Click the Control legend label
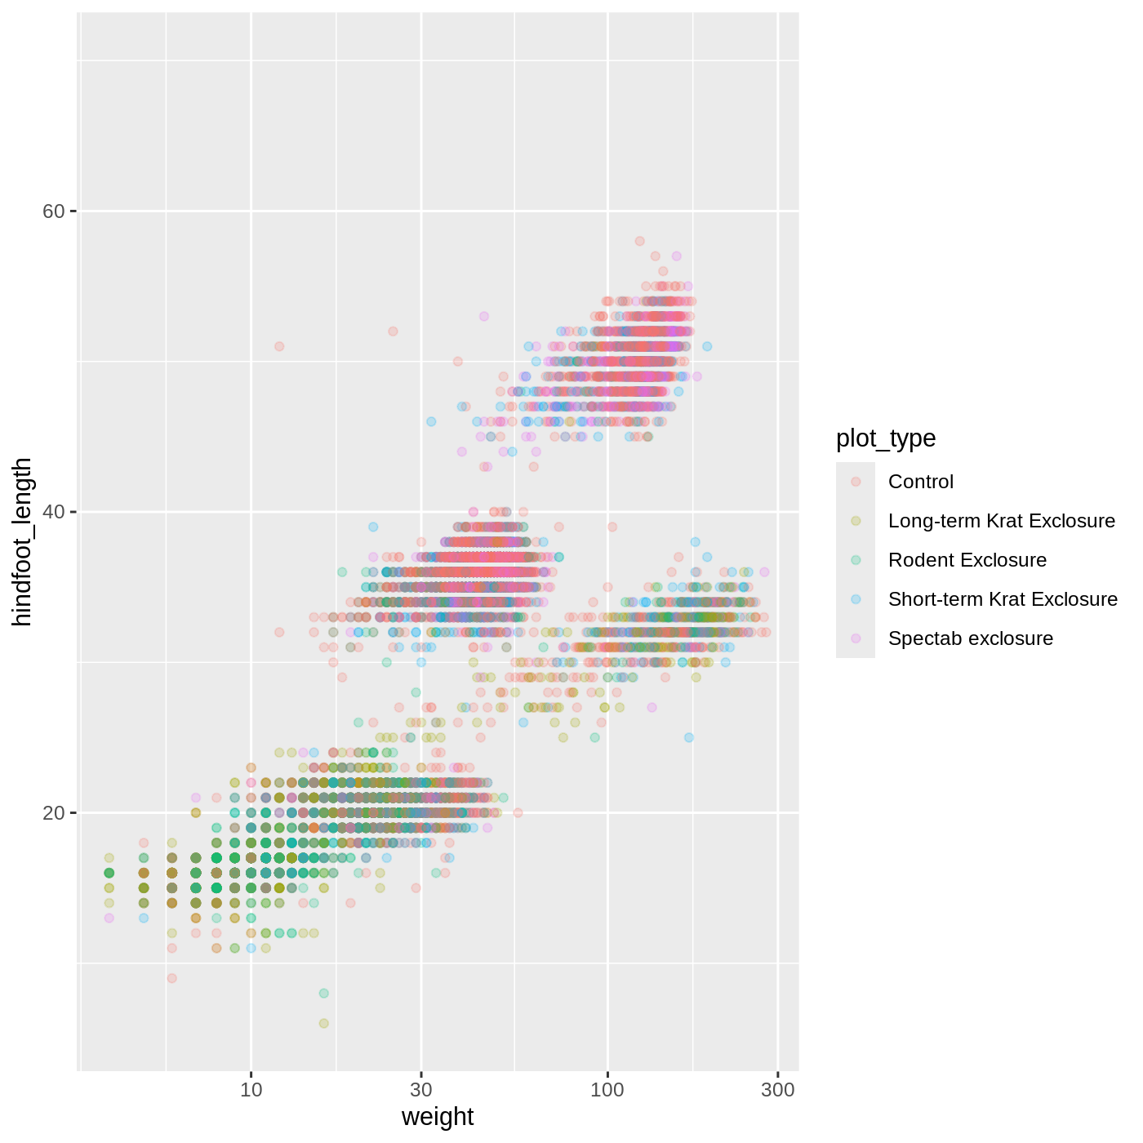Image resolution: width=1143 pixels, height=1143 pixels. click(x=920, y=482)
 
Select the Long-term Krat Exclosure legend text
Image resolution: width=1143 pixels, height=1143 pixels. click(x=1001, y=521)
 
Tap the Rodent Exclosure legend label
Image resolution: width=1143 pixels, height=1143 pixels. click(x=967, y=560)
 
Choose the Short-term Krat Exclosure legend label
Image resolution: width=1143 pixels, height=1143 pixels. click(x=1003, y=599)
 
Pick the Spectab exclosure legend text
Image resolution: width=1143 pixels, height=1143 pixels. click(x=970, y=638)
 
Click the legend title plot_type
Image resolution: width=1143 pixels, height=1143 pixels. click(x=886, y=438)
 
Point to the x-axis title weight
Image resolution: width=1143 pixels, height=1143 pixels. click(x=438, y=1117)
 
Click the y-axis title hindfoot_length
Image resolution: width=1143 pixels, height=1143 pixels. click(x=22, y=542)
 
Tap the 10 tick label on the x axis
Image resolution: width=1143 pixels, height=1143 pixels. click(x=251, y=1091)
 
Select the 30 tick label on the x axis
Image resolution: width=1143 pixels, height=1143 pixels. click(x=421, y=1091)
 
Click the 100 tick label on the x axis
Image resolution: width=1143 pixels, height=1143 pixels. click(x=607, y=1091)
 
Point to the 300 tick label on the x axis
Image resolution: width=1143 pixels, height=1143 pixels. click(x=777, y=1091)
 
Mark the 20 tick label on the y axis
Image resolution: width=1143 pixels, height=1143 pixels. click(x=53, y=813)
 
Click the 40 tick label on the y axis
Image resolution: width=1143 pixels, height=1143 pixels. click(x=53, y=512)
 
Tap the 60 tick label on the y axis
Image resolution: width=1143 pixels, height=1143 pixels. click(x=53, y=211)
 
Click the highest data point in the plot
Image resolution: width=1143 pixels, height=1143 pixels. click(x=639, y=241)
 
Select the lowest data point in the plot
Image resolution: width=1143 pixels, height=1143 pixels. click(x=323, y=1023)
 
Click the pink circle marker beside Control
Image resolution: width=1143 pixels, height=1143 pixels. click(x=856, y=482)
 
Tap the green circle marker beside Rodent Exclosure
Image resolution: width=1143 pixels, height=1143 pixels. click(x=856, y=560)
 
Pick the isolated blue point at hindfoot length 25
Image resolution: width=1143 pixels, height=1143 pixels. click(x=689, y=737)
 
